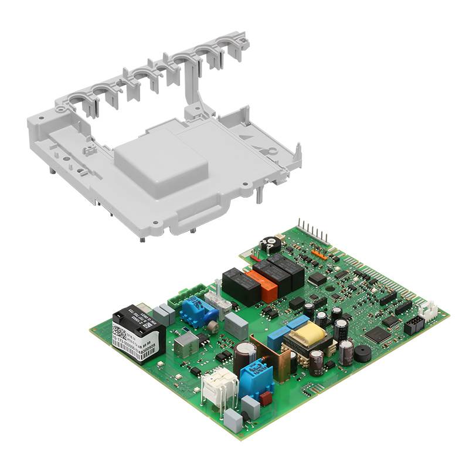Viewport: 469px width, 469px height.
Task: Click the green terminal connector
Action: tap(186, 295)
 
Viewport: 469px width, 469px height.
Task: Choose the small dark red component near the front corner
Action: tap(266, 399)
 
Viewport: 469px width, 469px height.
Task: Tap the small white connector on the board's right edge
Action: tap(431, 310)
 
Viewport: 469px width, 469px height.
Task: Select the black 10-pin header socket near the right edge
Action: tap(413, 325)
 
